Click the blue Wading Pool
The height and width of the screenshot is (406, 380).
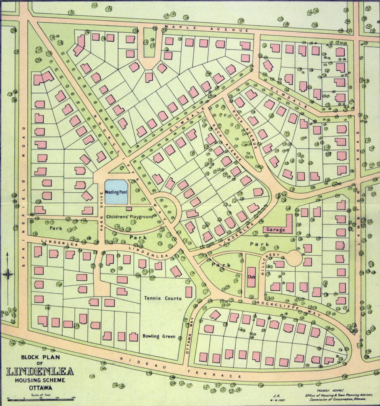coord(116,192)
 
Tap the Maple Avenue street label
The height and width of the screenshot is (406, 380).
coord(206,29)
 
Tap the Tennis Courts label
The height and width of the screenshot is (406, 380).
coord(163,298)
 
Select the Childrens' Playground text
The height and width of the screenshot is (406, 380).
coord(129,217)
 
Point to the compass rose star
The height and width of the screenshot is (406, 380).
coord(8,273)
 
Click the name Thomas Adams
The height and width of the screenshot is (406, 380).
coord(327,383)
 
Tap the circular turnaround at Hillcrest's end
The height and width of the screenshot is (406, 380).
coord(294,258)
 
